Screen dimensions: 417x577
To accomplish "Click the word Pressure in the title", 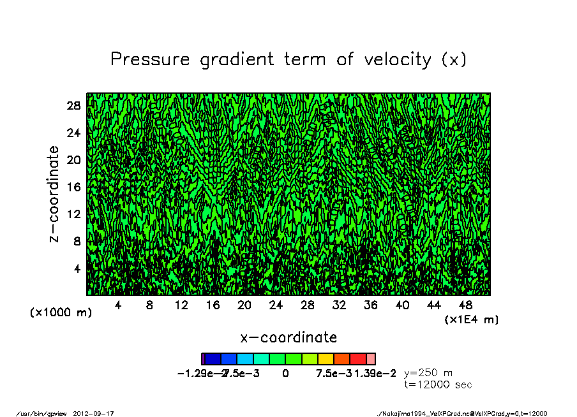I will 150,60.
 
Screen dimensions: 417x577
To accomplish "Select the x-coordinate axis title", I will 288,337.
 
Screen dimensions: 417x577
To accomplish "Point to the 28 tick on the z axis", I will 73,106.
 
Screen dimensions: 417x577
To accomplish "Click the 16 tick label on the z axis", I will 73,187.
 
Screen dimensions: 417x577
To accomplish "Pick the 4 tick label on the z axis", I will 77,268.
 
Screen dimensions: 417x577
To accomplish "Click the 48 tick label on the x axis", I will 465,305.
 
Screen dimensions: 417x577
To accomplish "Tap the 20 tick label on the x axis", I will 244,305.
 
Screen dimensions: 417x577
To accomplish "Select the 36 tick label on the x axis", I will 371,305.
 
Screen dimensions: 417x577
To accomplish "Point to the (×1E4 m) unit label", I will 472,319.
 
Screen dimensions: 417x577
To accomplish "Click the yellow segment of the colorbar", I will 326,359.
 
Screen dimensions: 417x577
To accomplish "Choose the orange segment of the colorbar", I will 341,359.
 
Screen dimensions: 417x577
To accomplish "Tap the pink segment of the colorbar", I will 371,359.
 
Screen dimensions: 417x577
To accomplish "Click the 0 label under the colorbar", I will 285,374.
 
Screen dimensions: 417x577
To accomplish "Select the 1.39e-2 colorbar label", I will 375,374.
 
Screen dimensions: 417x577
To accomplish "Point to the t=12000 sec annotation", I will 438,385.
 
